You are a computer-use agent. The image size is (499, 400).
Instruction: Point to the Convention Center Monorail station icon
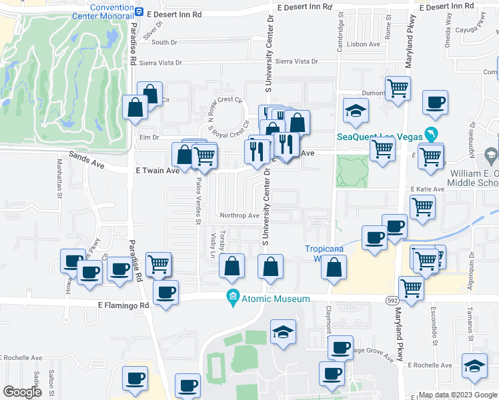[139, 11]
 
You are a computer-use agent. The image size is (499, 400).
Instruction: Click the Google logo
[23, 391]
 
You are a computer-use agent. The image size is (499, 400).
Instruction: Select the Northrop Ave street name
[239, 215]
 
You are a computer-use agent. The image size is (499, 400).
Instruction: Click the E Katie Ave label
[427, 189]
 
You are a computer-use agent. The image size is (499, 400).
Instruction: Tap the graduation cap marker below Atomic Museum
[283, 332]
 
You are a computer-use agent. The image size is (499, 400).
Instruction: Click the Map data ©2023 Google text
[456, 394]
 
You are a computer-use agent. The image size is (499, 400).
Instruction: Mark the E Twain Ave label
[158, 171]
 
